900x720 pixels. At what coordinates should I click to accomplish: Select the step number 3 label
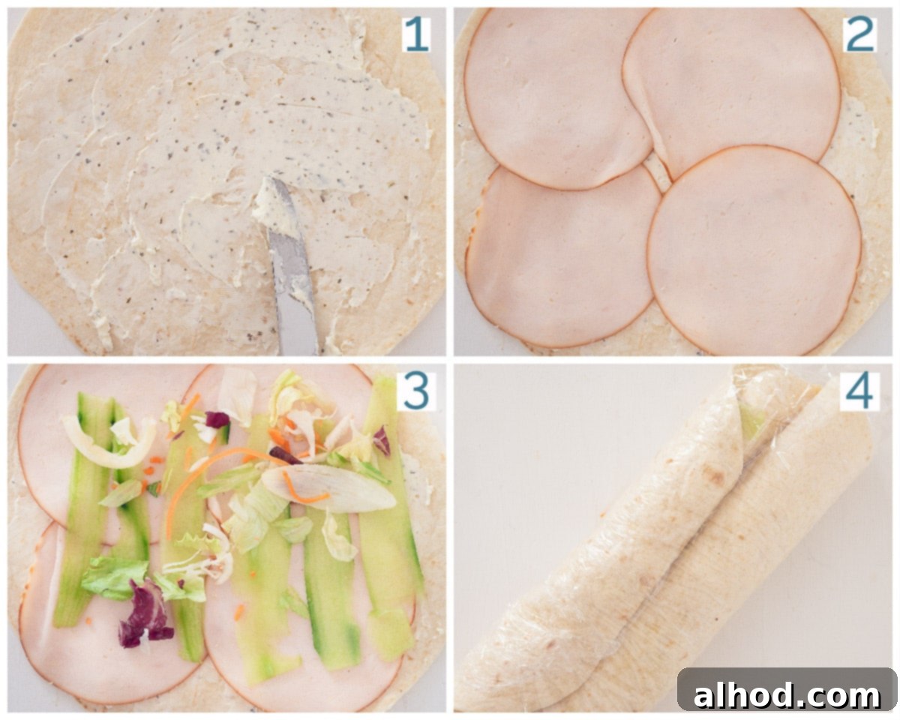[416, 391]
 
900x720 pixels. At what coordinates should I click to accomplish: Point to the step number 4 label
[859, 391]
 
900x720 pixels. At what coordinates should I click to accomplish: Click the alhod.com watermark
[787, 694]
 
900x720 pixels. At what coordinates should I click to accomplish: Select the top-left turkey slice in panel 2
[558, 98]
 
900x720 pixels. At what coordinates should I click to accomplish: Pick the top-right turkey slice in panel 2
[732, 88]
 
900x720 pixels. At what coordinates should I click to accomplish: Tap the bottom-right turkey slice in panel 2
[755, 251]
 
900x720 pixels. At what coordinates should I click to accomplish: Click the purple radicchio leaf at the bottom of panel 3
[144, 615]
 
